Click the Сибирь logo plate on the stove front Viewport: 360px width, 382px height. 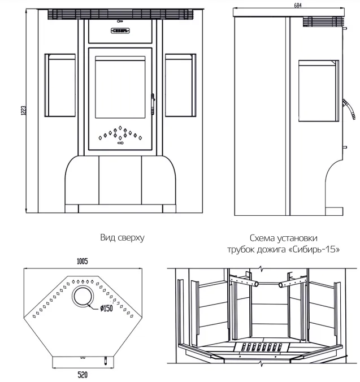(x=119, y=31)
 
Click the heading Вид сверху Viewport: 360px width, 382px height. (x=122, y=237)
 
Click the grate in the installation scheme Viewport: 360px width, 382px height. (x=261, y=347)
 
